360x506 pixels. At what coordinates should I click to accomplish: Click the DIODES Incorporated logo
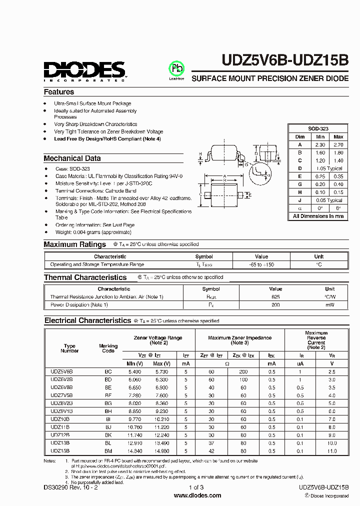pyautogui.click(x=84, y=70)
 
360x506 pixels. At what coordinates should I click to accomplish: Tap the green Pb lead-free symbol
pyautogui.click(x=176, y=68)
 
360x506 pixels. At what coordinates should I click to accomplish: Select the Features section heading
pyautogui.click(x=58, y=92)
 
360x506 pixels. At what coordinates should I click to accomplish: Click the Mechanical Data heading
pyautogui.click(x=72, y=158)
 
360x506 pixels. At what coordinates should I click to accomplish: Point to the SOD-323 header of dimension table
pyautogui.click(x=318, y=128)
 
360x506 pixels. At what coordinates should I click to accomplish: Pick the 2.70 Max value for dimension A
pyautogui.click(x=338, y=144)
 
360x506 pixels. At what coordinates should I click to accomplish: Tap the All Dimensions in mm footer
pyautogui.click(x=318, y=216)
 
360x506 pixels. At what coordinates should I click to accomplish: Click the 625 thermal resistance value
pyautogui.click(x=275, y=297)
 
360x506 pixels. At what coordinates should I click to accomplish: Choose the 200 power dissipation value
pyautogui.click(x=275, y=304)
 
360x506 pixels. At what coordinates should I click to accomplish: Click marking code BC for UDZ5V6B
pyautogui.click(x=108, y=372)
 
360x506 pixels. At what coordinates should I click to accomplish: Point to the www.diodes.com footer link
pyautogui.click(x=197, y=495)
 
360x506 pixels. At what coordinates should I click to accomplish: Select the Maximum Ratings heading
pyautogui.click(x=74, y=244)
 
